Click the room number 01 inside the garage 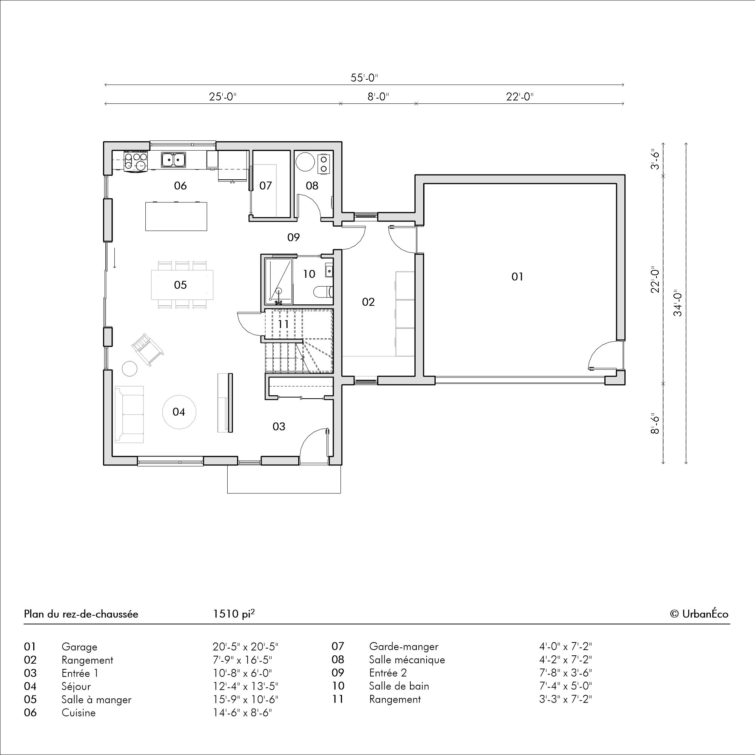(517, 277)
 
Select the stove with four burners (136, 160)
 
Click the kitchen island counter (176, 216)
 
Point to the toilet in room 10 (323, 291)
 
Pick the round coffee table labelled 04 (179, 412)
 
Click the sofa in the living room (129, 414)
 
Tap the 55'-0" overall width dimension (364, 78)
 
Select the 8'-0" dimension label (378, 97)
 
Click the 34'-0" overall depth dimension (678, 304)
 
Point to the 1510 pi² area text (234, 613)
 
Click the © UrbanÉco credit (699, 614)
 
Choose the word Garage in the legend (79, 647)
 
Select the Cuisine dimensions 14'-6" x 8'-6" (242, 712)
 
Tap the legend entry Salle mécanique (407, 659)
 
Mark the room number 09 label (293, 237)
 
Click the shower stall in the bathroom (279, 281)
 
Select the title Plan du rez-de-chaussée (81, 614)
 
